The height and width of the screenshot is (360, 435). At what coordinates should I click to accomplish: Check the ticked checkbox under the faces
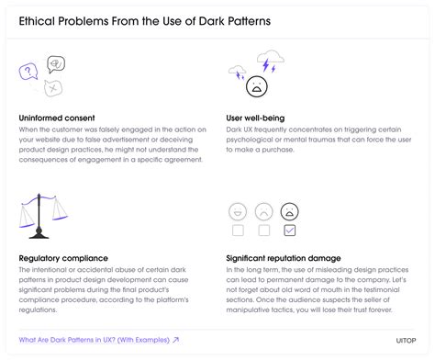(289, 230)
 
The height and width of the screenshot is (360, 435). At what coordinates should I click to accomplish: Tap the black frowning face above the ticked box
(289, 210)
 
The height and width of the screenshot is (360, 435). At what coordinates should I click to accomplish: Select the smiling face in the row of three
(237, 210)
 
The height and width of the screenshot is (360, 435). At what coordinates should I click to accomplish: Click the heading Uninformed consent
(56, 118)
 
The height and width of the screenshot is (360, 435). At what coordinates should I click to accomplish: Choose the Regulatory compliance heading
(65, 259)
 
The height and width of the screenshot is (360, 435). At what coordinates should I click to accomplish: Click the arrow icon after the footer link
(175, 340)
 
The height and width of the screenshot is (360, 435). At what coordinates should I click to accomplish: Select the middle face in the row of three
(263, 210)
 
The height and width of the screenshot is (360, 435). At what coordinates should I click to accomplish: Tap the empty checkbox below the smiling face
(237, 230)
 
